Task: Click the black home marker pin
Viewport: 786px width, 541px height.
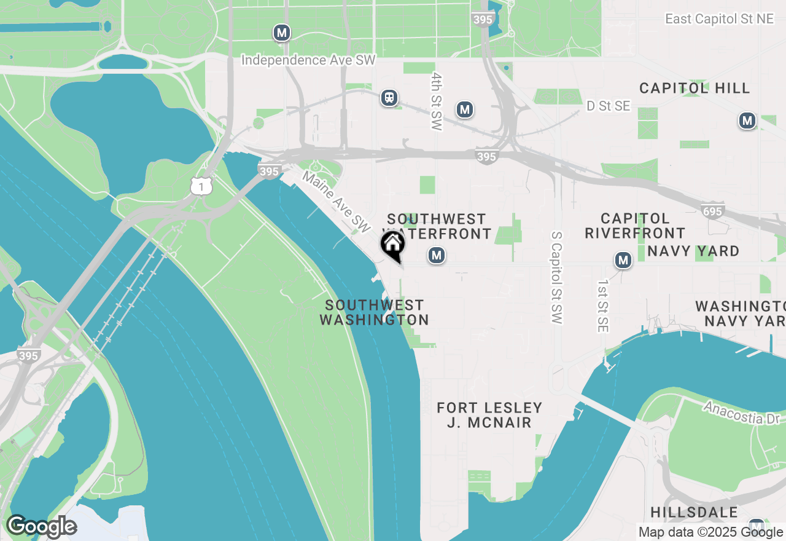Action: pyautogui.click(x=392, y=245)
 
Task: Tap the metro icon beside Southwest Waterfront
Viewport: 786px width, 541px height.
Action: pyautogui.click(x=437, y=255)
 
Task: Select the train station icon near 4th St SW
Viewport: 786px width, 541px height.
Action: pyautogui.click(x=389, y=98)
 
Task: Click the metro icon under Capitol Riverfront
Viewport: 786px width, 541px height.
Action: pyautogui.click(x=623, y=260)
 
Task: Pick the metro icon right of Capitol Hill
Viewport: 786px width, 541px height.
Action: pyautogui.click(x=747, y=120)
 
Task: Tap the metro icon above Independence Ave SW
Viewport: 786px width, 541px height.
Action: pyautogui.click(x=282, y=33)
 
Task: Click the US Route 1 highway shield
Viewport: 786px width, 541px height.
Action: pyautogui.click(x=201, y=186)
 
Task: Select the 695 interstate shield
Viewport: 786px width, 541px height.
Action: pyautogui.click(x=712, y=211)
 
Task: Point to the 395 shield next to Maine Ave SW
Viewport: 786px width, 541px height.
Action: pyautogui.click(x=269, y=172)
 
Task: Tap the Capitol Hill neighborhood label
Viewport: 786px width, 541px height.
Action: pyautogui.click(x=695, y=88)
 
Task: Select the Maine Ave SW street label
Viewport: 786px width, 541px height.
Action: pyautogui.click(x=337, y=202)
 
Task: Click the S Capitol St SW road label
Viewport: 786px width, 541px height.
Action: pyautogui.click(x=556, y=278)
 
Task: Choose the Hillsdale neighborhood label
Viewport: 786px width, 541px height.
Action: pyautogui.click(x=694, y=512)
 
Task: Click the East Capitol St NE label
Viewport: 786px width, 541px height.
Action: pyautogui.click(x=719, y=19)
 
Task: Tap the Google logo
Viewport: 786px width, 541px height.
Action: pyautogui.click(x=41, y=527)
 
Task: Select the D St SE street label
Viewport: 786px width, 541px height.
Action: pyautogui.click(x=608, y=106)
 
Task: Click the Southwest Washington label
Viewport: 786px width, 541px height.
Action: pyautogui.click(x=374, y=312)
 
